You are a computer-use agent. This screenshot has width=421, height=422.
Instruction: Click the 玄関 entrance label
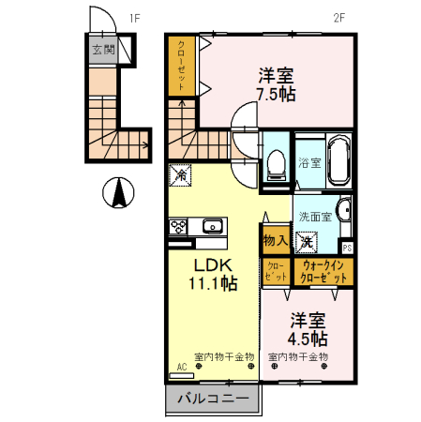103,50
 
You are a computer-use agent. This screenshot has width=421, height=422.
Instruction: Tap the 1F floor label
133,18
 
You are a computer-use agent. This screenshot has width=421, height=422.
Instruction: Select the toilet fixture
276,165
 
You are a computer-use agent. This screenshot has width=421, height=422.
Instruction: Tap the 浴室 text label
308,161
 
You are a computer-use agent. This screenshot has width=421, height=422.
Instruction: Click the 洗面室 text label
314,216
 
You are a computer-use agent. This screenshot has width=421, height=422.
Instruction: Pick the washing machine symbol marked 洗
307,241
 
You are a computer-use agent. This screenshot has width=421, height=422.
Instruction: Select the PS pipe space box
348,248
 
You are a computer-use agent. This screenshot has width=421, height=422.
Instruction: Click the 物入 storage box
275,241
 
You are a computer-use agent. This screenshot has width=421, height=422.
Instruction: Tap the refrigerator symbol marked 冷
180,174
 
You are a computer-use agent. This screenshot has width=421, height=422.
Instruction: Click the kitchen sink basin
212,226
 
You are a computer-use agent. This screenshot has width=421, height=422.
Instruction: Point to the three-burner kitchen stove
179,226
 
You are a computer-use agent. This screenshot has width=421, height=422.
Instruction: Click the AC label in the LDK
181,368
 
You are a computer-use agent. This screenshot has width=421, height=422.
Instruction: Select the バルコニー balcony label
213,399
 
